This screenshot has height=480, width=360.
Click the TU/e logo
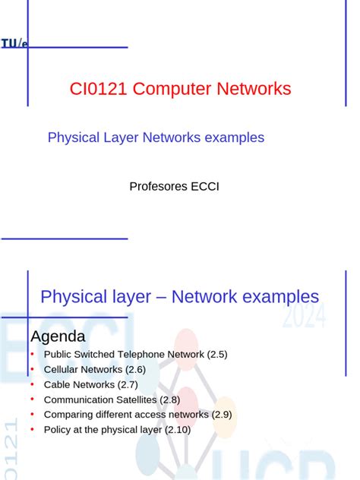(x=14, y=45)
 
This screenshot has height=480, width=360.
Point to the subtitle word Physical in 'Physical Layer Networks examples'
(x=74, y=137)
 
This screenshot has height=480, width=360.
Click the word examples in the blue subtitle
(x=235, y=137)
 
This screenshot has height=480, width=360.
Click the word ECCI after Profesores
(x=205, y=186)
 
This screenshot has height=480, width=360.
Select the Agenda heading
(x=58, y=336)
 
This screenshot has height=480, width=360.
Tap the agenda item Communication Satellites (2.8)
(x=112, y=399)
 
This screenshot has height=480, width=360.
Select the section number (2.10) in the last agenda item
(x=175, y=430)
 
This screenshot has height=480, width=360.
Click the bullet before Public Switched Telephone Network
(x=33, y=354)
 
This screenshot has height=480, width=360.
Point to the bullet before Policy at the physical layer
(x=33, y=430)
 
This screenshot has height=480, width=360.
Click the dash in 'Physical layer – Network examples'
(x=161, y=297)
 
